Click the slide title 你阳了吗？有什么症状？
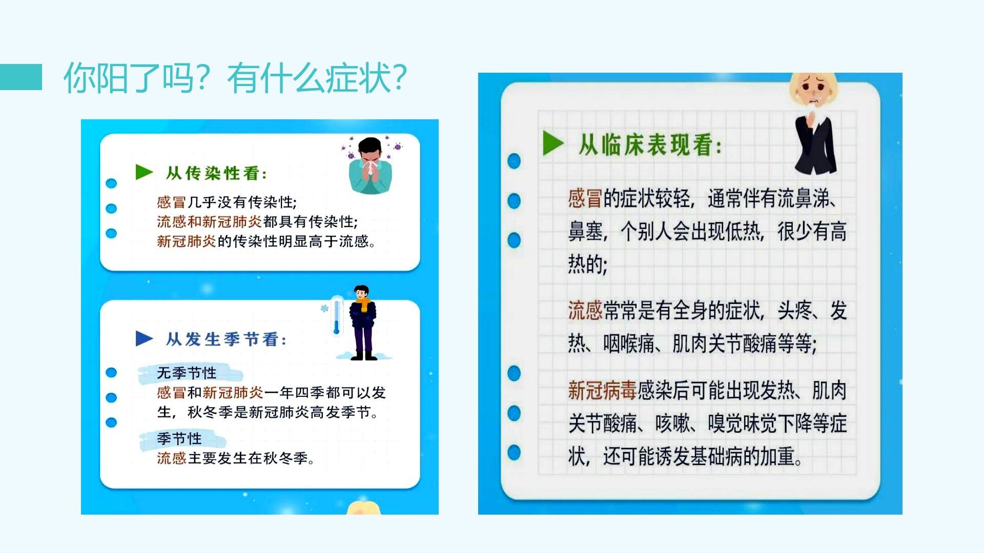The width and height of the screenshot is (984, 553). pos(235,78)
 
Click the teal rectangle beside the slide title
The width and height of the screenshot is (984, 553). pos(21,77)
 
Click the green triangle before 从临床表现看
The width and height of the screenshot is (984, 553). pos(553,143)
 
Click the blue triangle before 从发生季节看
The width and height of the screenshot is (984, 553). pos(144,338)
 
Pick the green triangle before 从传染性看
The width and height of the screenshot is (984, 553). pos(144,172)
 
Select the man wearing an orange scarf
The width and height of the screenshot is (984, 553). pos(363,323)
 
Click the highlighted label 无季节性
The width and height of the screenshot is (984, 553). pos(187,373)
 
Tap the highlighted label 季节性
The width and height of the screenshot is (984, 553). pos(179,439)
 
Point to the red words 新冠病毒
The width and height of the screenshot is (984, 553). pos(602,391)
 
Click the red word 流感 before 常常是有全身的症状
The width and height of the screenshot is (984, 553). pos(585,310)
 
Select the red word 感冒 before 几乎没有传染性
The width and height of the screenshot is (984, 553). pos(172,202)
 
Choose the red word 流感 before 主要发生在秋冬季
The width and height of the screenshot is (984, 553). pos(172,458)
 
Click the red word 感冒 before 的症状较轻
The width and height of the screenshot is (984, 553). pos(585,198)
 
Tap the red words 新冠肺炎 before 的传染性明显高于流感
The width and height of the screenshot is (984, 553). pos(187,241)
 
